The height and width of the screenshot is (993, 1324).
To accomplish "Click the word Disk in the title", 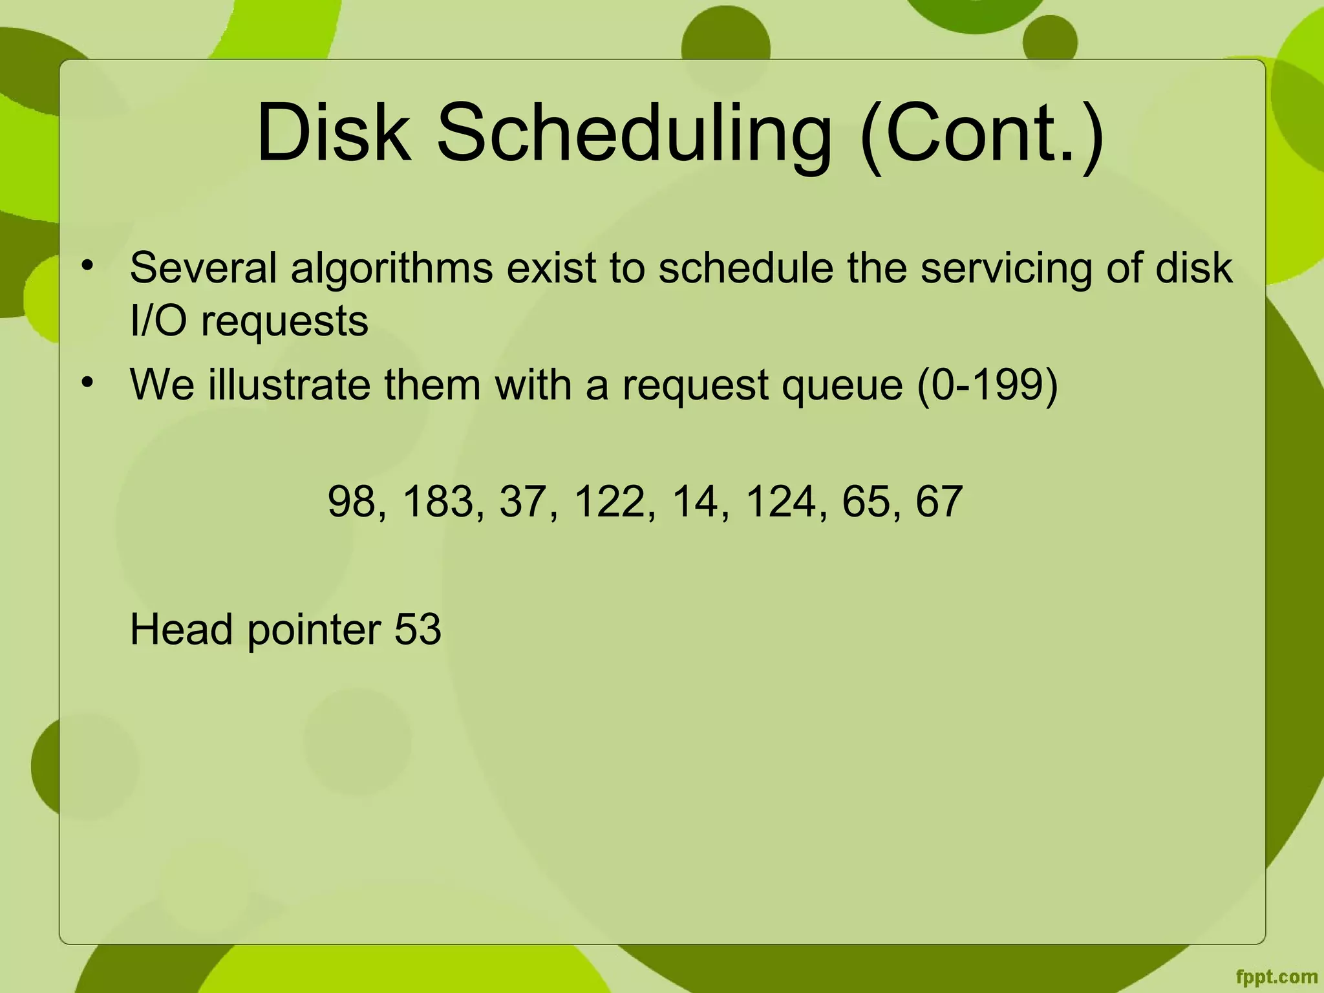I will click(334, 133).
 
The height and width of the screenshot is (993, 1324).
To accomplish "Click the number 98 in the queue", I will click(352, 502).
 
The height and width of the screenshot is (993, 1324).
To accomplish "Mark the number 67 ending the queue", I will click(939, 502).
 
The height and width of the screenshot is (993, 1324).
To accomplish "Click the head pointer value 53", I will click(418, 629).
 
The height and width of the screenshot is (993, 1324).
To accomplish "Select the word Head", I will click(181, 629).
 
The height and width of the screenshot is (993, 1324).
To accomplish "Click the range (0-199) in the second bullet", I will click(987, 385).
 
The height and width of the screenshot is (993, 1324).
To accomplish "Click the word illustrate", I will click(289, 385).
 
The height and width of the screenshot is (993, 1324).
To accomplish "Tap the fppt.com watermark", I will click(1276, 977).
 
